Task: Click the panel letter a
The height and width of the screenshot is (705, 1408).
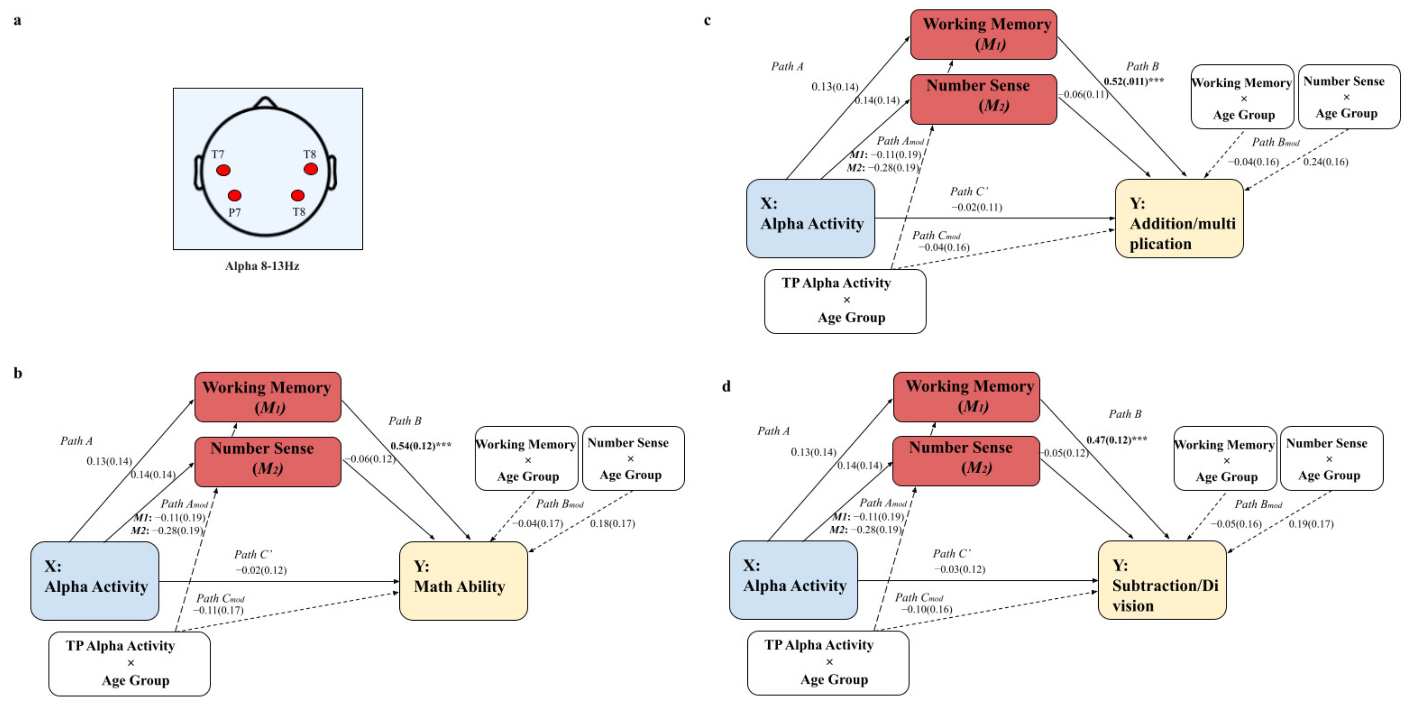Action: click(18, 21)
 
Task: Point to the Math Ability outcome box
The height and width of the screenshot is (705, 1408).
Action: click(463, 580)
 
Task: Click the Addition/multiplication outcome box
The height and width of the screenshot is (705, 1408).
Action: click(1179, 218)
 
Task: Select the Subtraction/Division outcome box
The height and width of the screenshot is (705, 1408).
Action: click(1162, 580)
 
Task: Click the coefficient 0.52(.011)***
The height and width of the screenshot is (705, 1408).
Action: click(1134, 81)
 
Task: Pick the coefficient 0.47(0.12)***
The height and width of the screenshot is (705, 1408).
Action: click(1117, 440)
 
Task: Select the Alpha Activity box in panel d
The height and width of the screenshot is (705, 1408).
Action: click(793, 580)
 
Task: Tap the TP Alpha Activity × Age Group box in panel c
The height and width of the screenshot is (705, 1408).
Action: click(845, 301)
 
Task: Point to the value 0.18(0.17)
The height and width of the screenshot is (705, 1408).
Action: click(612, 523)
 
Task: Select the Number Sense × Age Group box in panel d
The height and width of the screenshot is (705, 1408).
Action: click(1331, 459)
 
